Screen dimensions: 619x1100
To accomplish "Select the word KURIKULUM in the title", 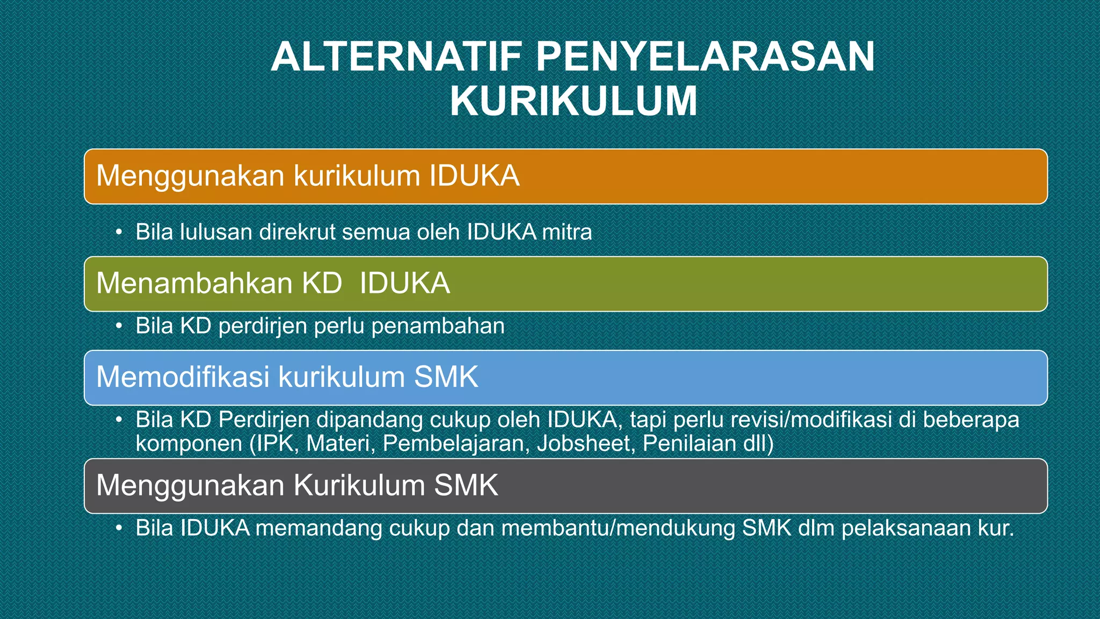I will point(574,101).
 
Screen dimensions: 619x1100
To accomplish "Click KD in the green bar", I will point(322,283).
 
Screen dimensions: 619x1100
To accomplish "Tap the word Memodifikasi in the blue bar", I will point(183,377).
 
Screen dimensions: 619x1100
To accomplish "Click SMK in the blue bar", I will point(446,377).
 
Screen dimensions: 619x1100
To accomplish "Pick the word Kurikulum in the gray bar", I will point(359,485).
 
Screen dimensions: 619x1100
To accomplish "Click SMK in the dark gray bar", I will point(466,485).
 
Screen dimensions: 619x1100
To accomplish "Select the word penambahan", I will point(438,326).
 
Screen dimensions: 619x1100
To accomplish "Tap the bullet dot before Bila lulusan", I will point(119,232).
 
